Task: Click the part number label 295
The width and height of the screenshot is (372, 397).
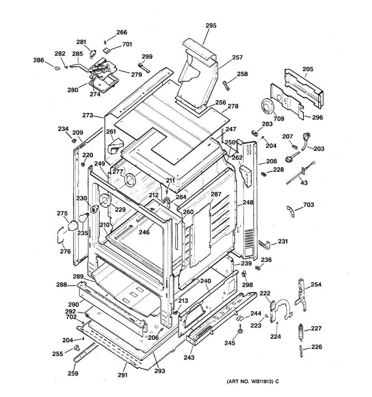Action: (x=211, y=25)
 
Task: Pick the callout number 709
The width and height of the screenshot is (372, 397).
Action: (x=279, y=119)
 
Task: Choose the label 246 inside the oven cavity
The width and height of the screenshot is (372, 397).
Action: (x=144, y=232)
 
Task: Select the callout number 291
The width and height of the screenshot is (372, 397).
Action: (x=122, y=375)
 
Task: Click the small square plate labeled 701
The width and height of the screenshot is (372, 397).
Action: (x=107, y=50)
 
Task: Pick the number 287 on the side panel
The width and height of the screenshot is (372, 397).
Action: (x=216, y=194)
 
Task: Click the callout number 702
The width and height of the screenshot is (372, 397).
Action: (x=71, y=317)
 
